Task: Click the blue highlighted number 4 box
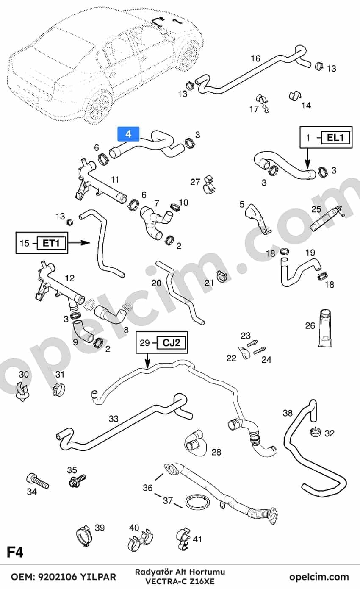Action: pos(128,134)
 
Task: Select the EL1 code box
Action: pos(335,138)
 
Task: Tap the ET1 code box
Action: pos(51,243)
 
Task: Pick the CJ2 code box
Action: pos(171,343)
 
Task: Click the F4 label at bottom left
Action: pos(15,552)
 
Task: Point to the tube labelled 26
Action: pos(325,328)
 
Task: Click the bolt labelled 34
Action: pos(37,482)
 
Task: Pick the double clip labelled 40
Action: pos(141,539)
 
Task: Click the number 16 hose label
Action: pos(255,58)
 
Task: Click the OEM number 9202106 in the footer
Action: pos(58,577)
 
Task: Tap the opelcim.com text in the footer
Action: pos(319,577)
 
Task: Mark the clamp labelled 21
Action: pos(222,275)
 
